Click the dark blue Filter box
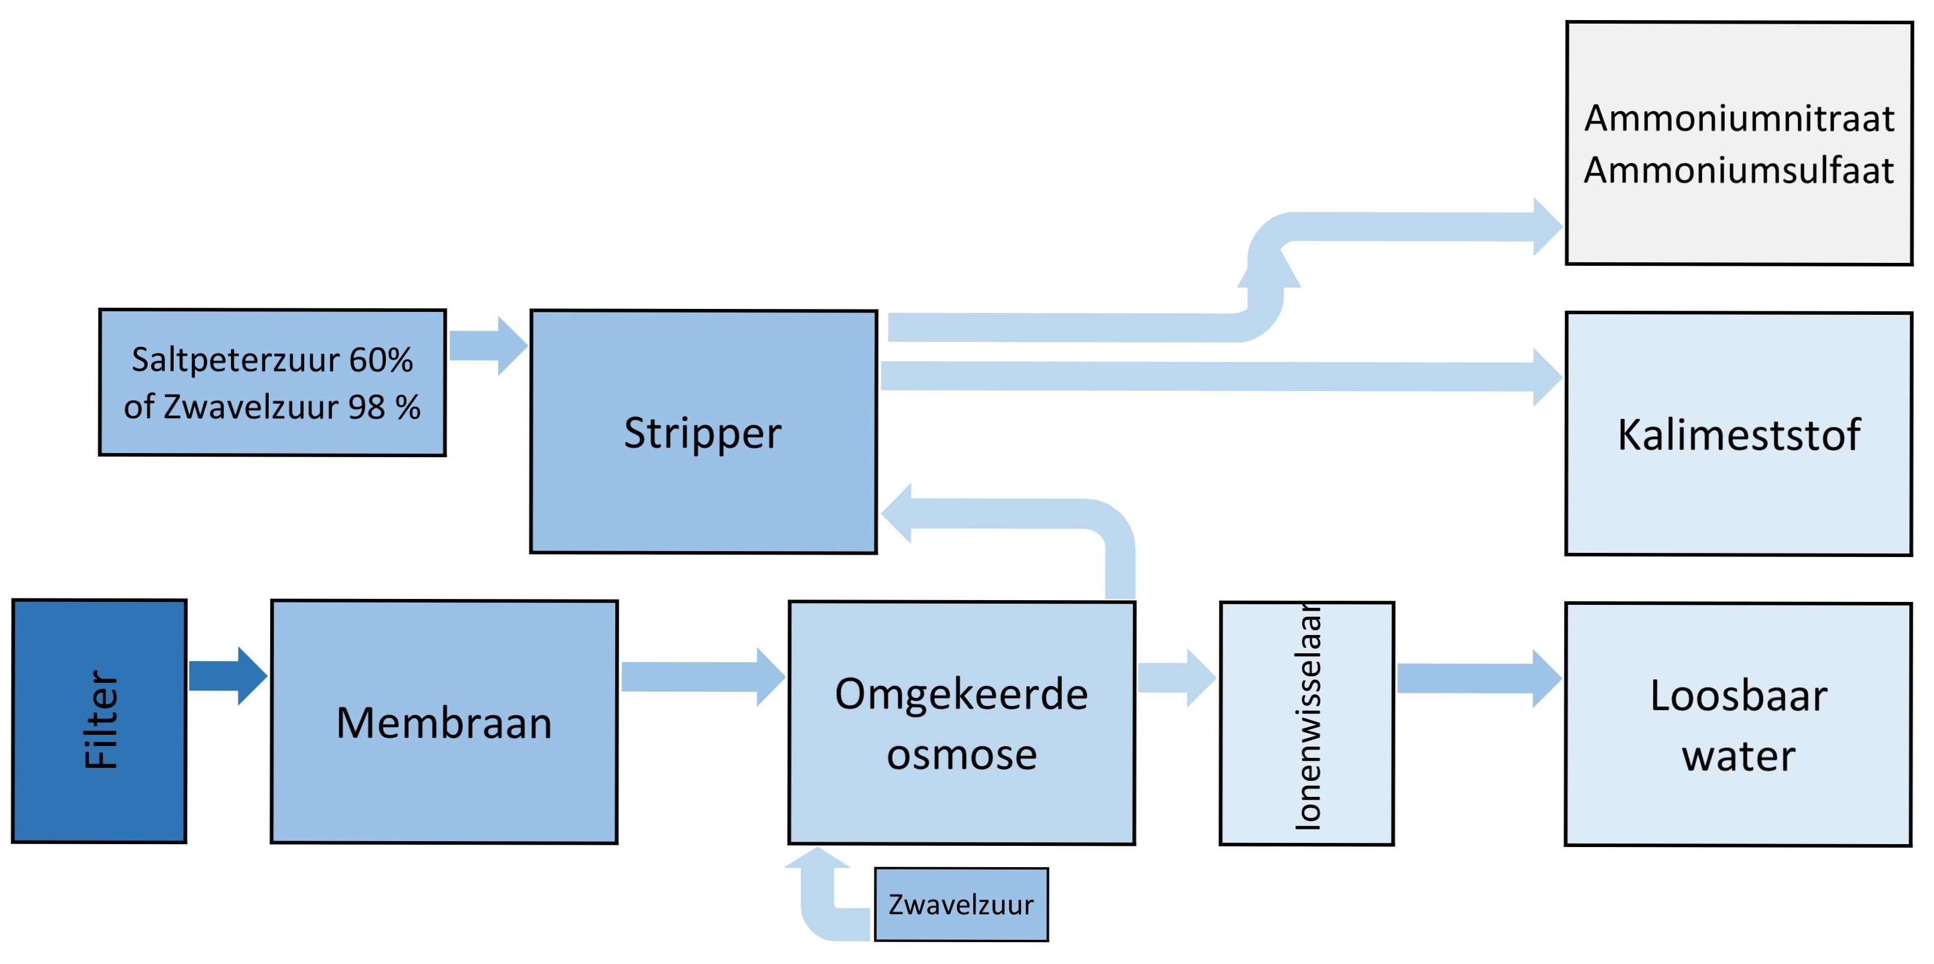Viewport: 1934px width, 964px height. click(99, 721)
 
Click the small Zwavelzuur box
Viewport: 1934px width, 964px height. click(961, 905)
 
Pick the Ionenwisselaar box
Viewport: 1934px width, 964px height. click(1306, 723)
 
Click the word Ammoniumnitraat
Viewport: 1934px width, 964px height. click(1739, 119)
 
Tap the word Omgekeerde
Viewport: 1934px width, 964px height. click(961, 693)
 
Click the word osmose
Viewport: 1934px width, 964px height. click(961, 754)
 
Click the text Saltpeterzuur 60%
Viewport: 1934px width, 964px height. click(272, 360)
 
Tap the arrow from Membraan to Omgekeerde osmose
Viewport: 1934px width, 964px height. click(702, 676)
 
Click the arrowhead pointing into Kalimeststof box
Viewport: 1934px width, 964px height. click(1546, 377)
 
